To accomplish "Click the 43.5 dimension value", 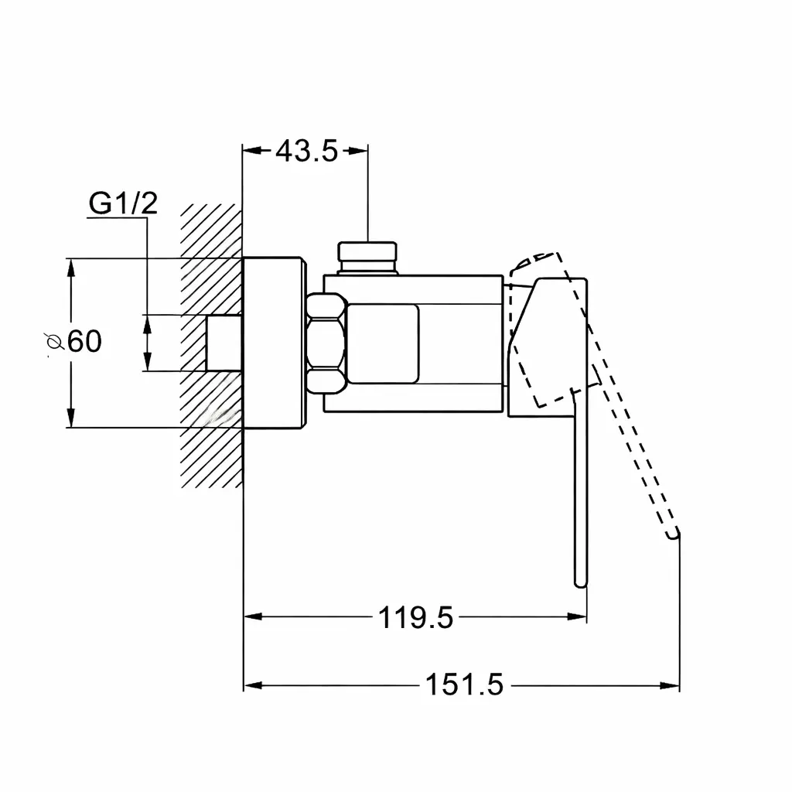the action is coord(306,151).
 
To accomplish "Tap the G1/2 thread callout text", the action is coord(123,203).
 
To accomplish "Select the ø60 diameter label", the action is coord(73,341).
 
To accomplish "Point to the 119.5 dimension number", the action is coord(415,617).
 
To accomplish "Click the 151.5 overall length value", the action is coord(465,685).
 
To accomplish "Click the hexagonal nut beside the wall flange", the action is coord(326,343).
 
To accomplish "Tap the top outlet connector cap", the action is coord(367,258).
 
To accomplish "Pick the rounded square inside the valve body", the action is coord(384,343).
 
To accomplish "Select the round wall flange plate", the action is coord(275,343).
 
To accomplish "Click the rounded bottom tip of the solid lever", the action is coord(581,583).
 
